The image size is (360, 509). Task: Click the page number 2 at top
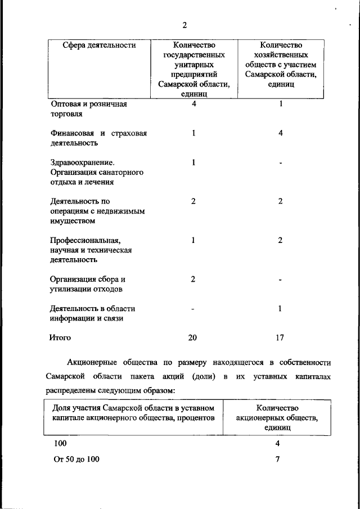coord(184,25)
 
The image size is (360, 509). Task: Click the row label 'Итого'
coord(60,338)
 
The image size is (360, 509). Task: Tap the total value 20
coord(193,338)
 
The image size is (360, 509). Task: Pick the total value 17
coord(280,338)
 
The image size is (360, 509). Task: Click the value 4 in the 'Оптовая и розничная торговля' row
coord(193,104)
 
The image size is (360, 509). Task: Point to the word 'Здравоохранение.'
coord(78,163)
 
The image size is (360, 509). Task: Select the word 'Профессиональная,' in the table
coord(85,240)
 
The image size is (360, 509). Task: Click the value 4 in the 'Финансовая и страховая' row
coord(280,133)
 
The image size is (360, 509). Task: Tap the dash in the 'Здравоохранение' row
coord(280,163)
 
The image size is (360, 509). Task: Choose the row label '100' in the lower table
coord(60,443)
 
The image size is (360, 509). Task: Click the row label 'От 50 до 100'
coord(76,459)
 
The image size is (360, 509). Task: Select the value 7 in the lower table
coord(277,459)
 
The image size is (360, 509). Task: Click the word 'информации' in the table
coord(72,318)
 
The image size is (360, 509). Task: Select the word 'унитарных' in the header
coord(193,65)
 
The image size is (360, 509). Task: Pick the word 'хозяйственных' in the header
coord(281,55)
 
